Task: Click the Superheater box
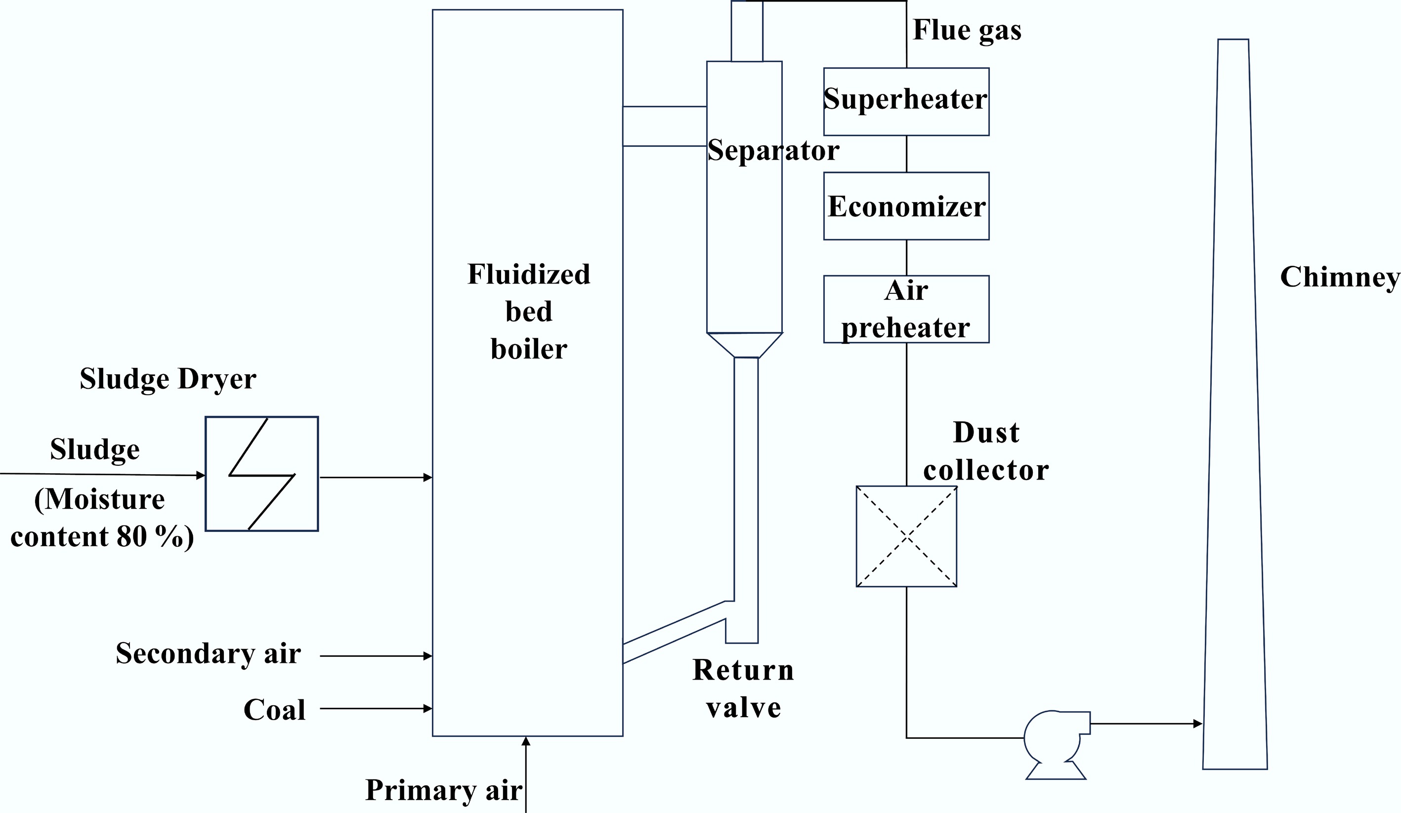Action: [906, 101]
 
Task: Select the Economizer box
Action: [906, 205]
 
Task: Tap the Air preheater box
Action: [906, 309]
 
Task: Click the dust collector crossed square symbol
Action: [906, 536]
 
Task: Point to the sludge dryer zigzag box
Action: [261, 474]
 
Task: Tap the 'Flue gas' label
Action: [967, 30]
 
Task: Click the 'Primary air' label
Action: [443, 790]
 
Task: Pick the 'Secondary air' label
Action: [208, 653]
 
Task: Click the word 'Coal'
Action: [275, 710]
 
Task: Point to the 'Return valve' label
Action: [743, 689]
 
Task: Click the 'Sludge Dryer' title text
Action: [168, 379]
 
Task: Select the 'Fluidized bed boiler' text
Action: [528, 312]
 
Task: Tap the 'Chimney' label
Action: [1339, 277]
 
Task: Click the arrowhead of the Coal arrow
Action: [428, 708]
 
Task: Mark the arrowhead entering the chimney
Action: [1198, 724]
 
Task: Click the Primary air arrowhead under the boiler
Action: [526, 741]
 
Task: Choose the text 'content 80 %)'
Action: [102, 537]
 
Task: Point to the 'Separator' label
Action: [773, 151]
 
